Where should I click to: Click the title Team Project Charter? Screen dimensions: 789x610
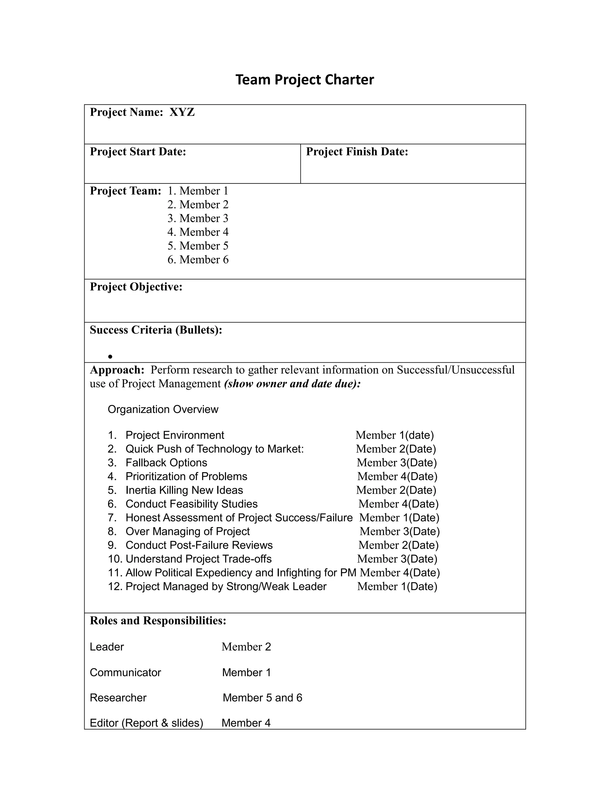click(x=305, y=79)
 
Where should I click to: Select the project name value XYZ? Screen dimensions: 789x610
click(x=182, y=112)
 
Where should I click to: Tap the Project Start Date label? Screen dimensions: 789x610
click(x=138, y=152)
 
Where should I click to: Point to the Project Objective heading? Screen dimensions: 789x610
click(x=136, y=287)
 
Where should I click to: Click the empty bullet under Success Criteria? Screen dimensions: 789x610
click(x=110, y=357)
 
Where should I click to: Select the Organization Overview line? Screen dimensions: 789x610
click(x=163, y=409)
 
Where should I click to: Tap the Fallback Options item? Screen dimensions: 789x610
click(x=166, y=462)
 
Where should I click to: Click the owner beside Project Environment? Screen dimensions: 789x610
click(x=394, y=435)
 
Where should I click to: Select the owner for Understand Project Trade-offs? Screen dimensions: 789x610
click(x=397, y=559)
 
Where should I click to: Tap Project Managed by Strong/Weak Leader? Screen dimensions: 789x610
click(x=225, y=586)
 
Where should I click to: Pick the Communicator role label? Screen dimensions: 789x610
click(x=125, y=672)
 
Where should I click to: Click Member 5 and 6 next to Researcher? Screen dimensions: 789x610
click(x=262, y=698)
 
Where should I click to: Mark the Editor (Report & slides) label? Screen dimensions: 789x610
click(x=146, y=723)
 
